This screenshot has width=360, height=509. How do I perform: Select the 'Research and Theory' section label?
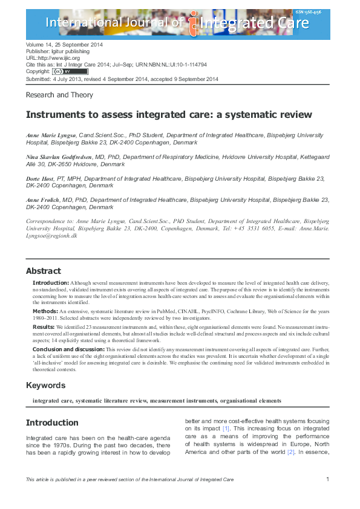point(59,95)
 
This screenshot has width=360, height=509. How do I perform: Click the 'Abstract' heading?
point(44,271)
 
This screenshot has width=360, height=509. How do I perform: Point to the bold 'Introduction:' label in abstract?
point(51,283)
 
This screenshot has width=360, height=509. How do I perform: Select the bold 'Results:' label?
point(44,326)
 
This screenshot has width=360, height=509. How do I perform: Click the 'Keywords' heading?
point(46,386)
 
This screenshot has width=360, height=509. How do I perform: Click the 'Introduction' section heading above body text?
point(53,422)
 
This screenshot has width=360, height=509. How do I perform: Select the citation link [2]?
point(290,452)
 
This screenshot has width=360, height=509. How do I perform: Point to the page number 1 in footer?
point(327,479)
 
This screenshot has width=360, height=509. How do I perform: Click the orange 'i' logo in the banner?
point(194,24)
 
